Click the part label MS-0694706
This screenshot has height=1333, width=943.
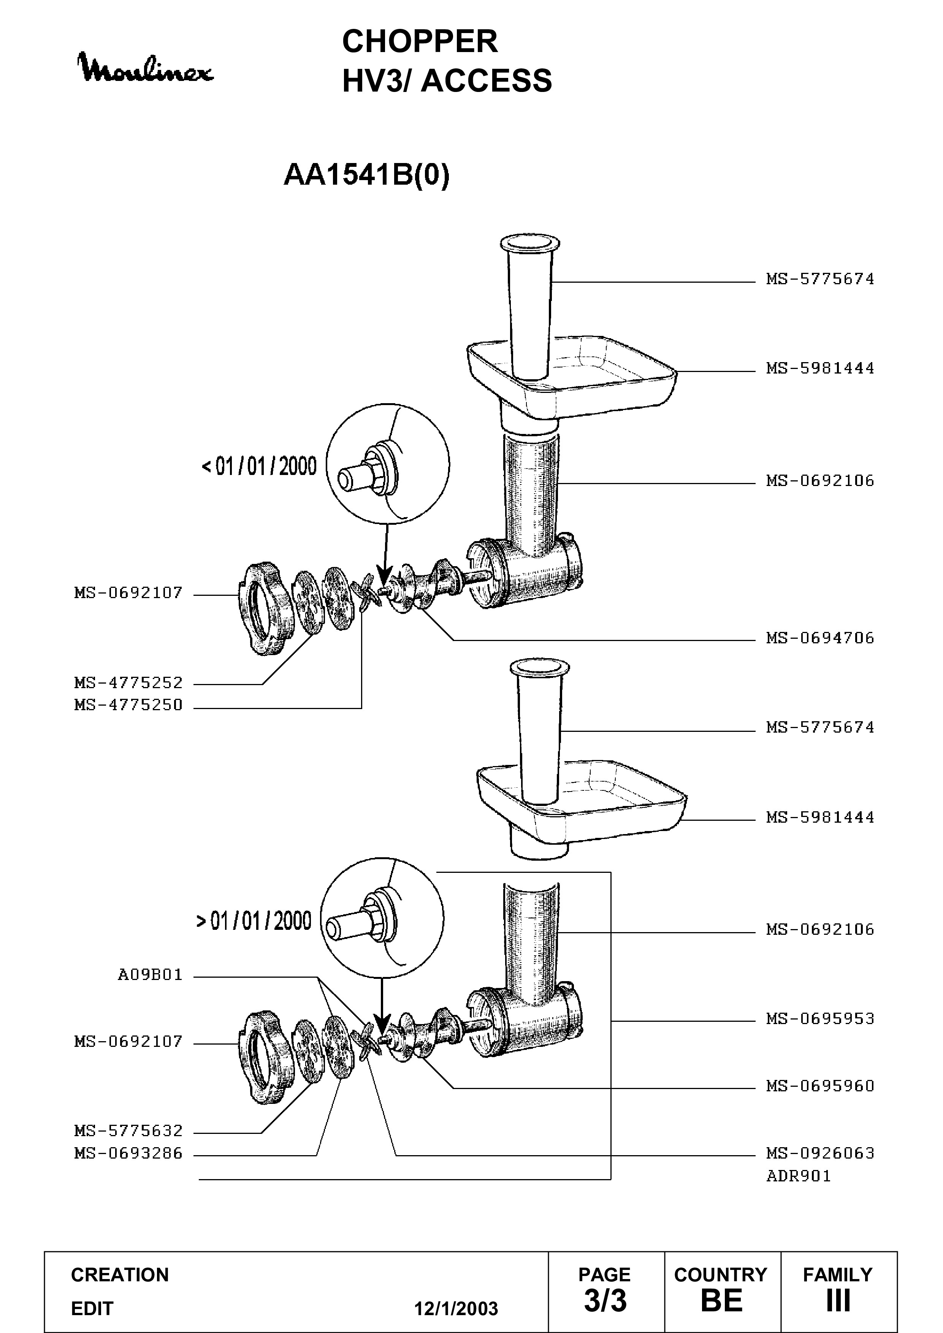click(x=820, y=638)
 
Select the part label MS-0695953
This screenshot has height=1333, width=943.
click(x=820, y=1019)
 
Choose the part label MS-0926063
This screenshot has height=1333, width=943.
click(x=820, y=1153)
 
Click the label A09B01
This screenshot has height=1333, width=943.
click(x=151, y=975)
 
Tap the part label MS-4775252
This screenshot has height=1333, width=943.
click(x=128, y=683)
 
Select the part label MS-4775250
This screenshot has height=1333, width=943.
click(x=128, y=705)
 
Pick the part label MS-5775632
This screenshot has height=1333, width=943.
click(x=128, y=1131)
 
